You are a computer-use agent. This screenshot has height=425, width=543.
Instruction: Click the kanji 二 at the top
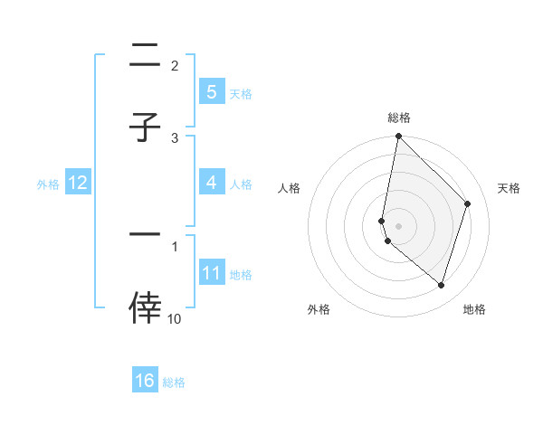[145, 59]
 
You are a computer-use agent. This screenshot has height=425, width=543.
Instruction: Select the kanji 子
[145, 127]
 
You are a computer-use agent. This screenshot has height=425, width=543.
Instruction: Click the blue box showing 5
[211, 91]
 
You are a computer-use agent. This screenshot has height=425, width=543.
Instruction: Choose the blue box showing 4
[211, 183]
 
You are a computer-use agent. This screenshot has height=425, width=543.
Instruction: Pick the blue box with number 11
[211, 273]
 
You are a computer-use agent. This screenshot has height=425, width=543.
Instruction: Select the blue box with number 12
[78, 183]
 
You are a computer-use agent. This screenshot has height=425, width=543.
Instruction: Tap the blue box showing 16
[145, 381]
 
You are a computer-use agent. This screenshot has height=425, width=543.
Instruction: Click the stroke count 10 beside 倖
[175, 319]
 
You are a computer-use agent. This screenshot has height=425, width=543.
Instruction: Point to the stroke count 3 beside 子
[176, 137]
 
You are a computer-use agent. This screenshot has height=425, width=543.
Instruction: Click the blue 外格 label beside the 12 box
[48, 184]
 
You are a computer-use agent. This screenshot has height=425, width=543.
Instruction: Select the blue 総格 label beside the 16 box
[174, 382]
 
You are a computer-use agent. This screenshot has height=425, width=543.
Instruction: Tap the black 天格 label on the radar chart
[509, 188]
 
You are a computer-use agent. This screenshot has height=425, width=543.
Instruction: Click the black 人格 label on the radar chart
[289, 188]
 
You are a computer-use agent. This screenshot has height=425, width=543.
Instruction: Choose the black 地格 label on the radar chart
[474, 309]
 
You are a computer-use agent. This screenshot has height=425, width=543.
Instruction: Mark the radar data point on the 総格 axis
[398, 137]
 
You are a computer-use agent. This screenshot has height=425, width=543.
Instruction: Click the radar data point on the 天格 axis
[468, 203]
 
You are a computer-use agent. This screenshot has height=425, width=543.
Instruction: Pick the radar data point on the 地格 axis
[441, 285]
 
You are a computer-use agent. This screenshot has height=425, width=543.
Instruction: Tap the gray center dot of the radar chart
[398, 225]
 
